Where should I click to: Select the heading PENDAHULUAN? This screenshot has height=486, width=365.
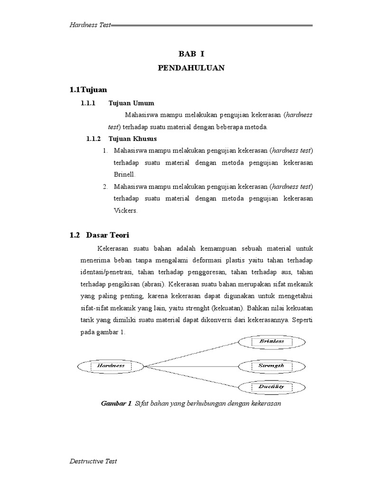coord(191,68)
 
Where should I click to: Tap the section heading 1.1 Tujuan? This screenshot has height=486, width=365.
coord(88,89)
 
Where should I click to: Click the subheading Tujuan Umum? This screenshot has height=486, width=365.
coord(131,103)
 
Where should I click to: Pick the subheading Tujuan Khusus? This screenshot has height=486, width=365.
coord(133,139)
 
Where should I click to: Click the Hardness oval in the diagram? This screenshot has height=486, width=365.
coord(111,366)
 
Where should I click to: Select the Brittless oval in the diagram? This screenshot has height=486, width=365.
coord(271,341)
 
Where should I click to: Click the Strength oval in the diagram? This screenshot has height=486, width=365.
coord(271,366)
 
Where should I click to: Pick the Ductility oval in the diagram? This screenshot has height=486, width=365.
coord(271,387)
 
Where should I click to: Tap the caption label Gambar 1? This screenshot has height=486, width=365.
coord(115,403)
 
